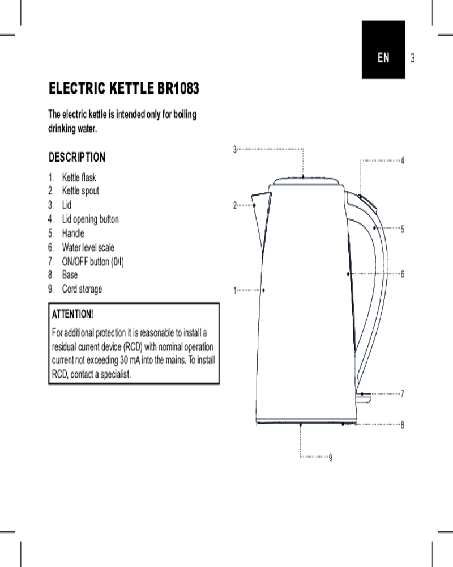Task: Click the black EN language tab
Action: pyautogui.click(x=383, y=49)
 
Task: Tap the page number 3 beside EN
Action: pyautogui.click(x=413, y=58)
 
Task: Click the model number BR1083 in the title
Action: pyautogui.click(x=178, y=88)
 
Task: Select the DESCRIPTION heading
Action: pyautogui.click(x=77, y=157)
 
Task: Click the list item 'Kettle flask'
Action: pyautogui.click(x=79, y=177)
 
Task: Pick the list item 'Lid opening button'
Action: pyautogui.click(x=90, y=219)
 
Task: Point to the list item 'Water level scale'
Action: pyautogui.click(x=88, y=247)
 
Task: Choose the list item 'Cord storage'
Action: pyautogui.click(x=82, y=289)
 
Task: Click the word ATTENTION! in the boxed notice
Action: pyautogui.click(x=72, y=314)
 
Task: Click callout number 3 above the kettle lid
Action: pyautogui.click(x=235, y=149)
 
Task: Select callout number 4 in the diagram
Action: pyautogui.click(x=403, y=160)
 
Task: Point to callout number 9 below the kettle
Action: pyautogui.click(x=331, y=458)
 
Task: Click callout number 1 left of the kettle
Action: pyautogui.click(x=235, y=290)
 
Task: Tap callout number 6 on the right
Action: pyautogui.click(x=403, y=274)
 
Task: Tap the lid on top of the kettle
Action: pyautogui.click(x=306, y=181)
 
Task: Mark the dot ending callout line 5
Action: pyautogui.click(x=375, y=228)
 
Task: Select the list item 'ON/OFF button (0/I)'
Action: pyautogui.click(x=93, y=261)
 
